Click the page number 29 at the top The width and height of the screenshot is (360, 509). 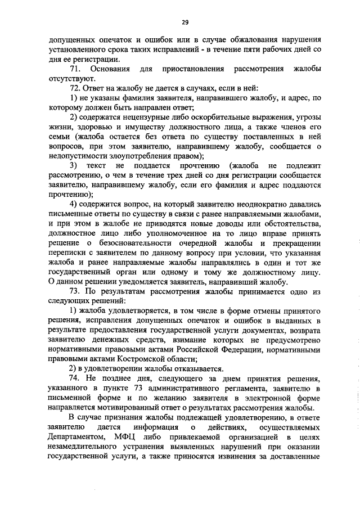click(184, 22)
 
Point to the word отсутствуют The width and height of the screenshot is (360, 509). click(72, 78)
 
